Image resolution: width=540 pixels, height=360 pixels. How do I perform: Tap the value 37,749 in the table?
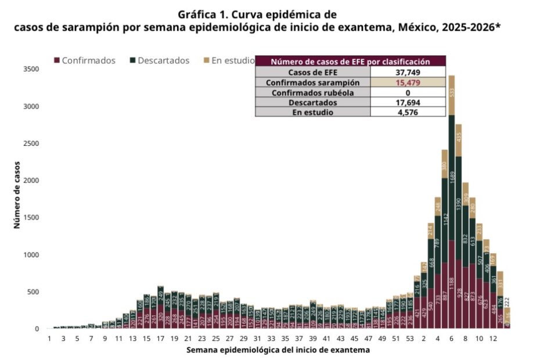408,73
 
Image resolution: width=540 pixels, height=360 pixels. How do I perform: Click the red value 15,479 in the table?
408,82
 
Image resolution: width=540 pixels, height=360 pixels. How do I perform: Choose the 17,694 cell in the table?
408,102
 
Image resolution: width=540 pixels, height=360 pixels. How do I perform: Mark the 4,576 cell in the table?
408,112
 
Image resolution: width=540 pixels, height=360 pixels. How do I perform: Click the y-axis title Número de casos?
17,195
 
